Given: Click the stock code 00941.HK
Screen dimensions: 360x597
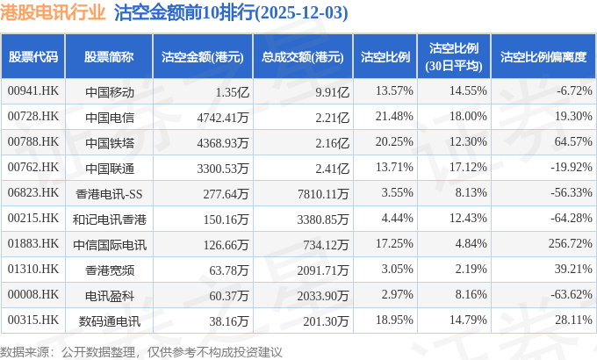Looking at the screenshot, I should click(x=32, y=91).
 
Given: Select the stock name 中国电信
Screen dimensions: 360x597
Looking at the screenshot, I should click(x=109, y=117).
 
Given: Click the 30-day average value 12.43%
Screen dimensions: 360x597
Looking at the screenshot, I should click(x=465, y=217).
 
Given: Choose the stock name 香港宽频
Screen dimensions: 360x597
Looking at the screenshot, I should click(x=109, y=268).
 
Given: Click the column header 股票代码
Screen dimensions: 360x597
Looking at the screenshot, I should click(x=32, y=57).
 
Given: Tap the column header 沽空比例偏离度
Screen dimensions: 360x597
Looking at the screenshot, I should click(x=543, y=57).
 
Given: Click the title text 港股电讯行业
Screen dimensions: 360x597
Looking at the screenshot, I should click(x=55, y=13).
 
